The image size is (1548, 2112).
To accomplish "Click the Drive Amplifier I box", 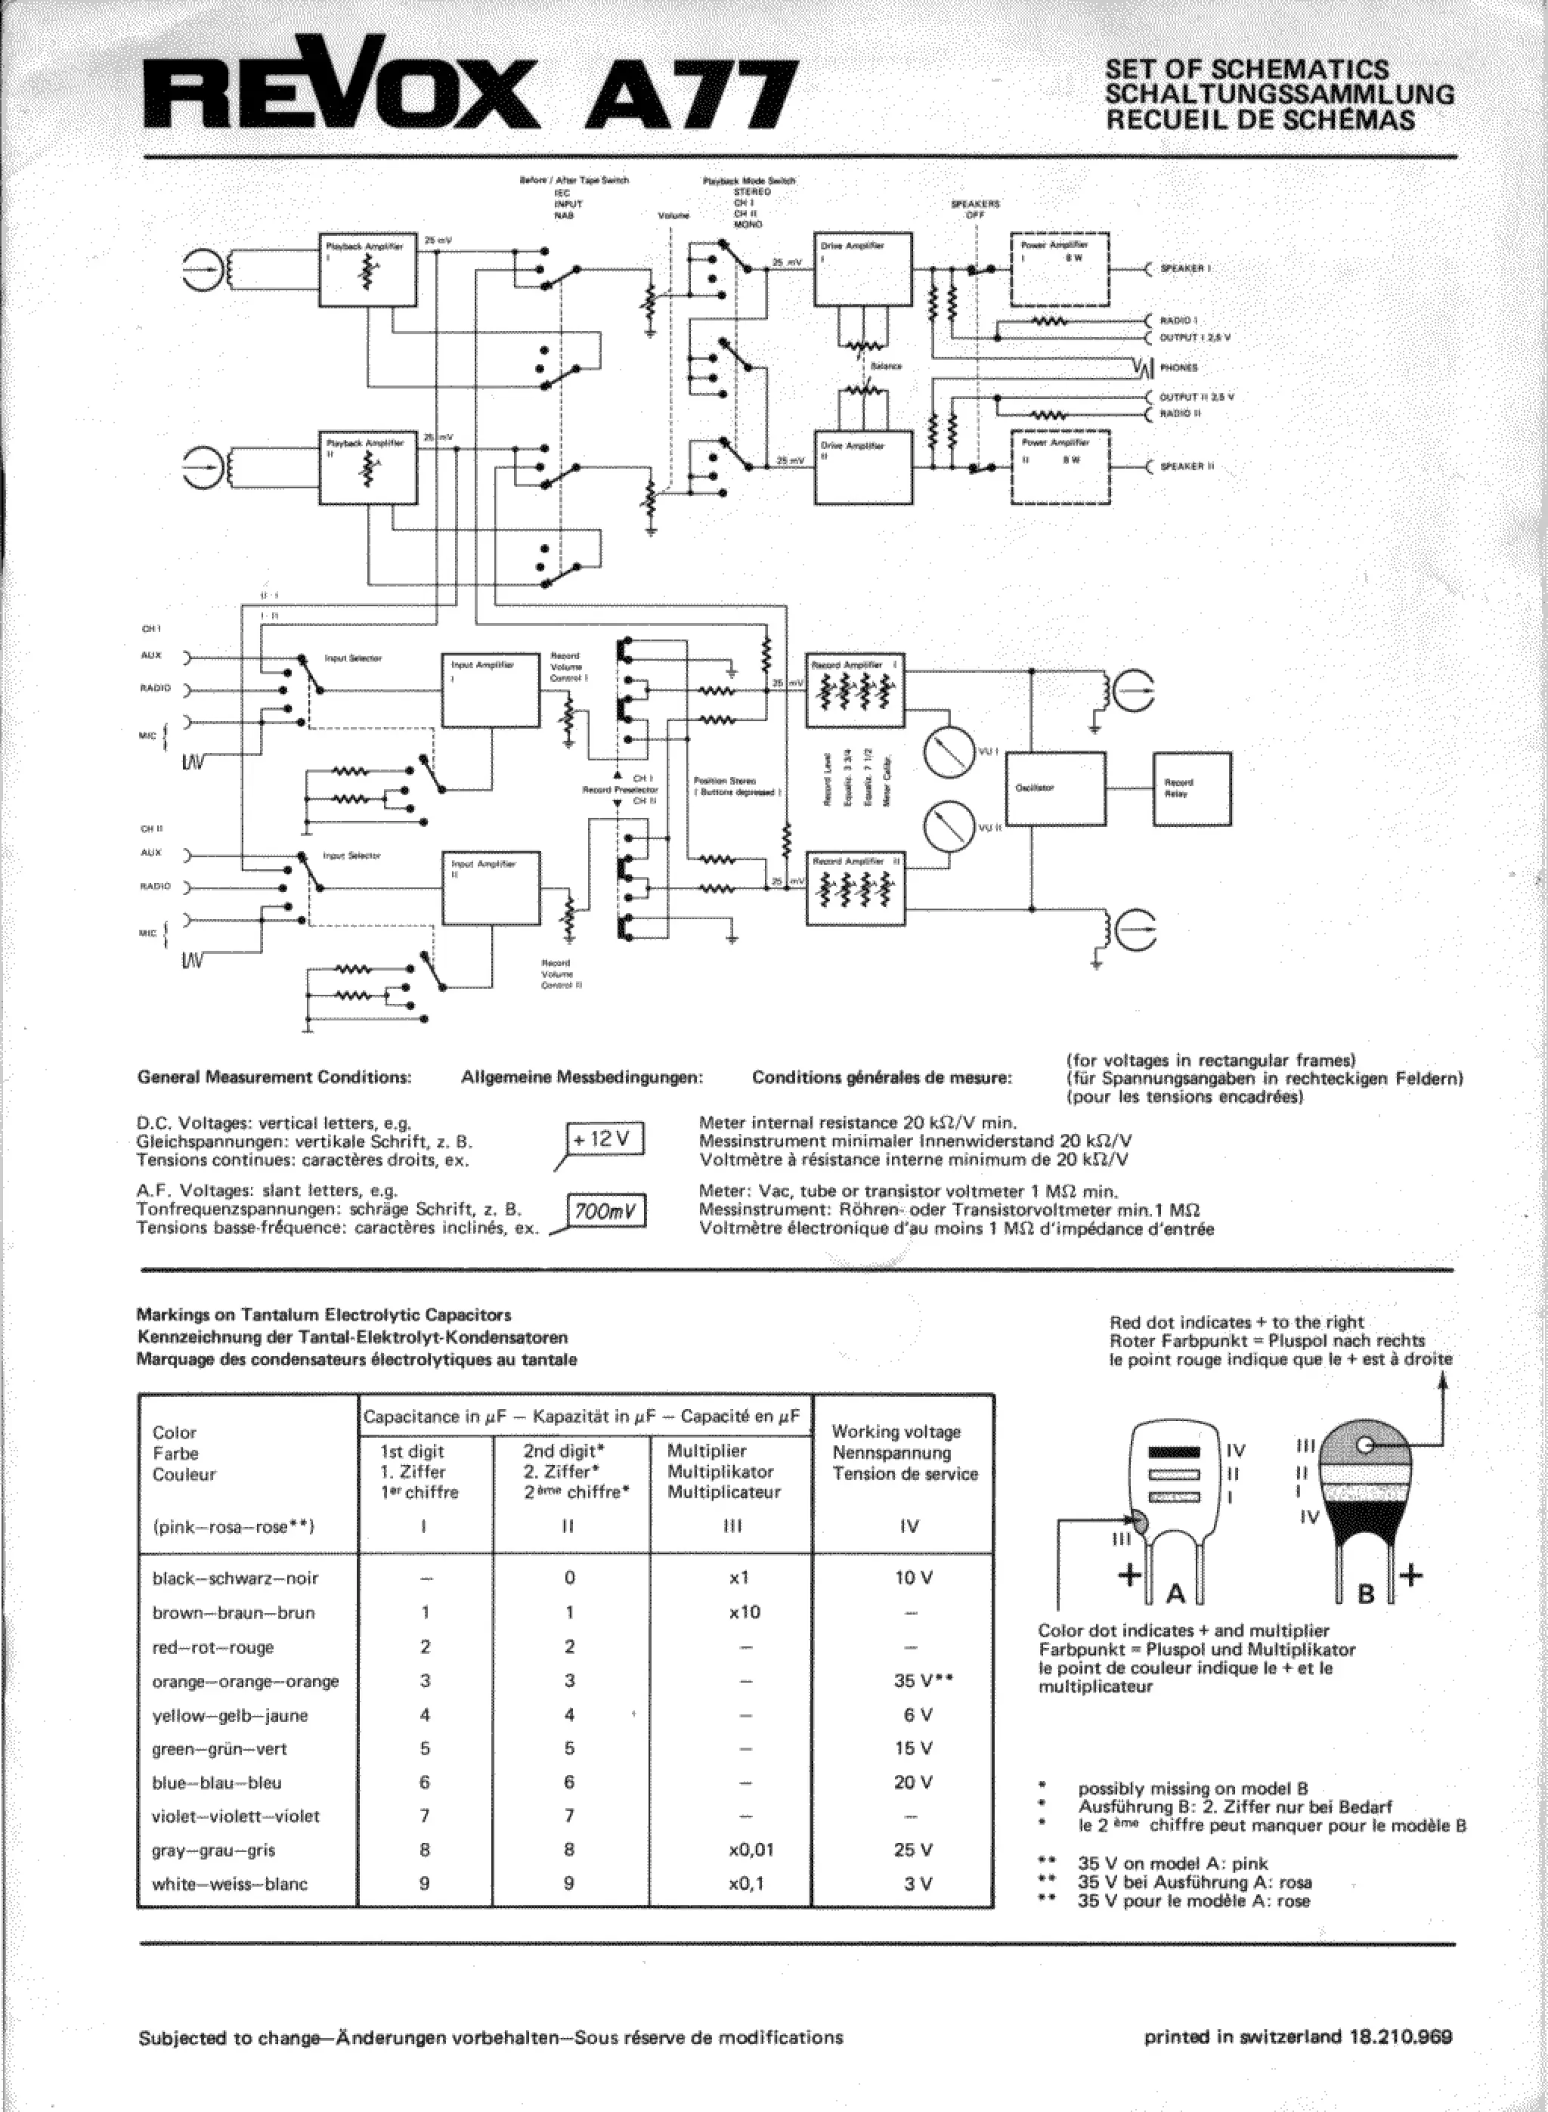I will click(x=863, y=270).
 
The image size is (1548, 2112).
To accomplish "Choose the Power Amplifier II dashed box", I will click(x=1060, y=466).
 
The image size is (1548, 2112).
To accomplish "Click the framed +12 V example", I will click(x=606, y=1139).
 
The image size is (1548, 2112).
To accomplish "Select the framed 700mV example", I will click(x=606, y=1212).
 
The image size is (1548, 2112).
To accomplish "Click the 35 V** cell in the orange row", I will click(x=922, y=1681).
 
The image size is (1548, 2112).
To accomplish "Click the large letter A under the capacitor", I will click(x=1175, y=1594).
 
